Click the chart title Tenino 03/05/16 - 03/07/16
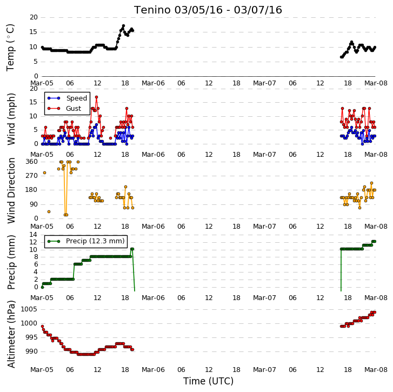tap(208, 10)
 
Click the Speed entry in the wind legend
tap(76, 98)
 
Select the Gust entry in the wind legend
tap(74, 109)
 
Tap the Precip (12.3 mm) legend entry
tap(95, 241)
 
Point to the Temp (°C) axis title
tap(10, 48)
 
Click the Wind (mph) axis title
tap(11, 119)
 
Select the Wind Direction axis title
tap(11, 190)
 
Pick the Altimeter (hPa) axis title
tap(11, 334)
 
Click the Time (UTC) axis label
tap(208, 381)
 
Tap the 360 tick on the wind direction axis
tap(31, 162)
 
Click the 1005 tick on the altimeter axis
tap(29, 309)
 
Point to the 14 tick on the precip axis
tap(34, 235)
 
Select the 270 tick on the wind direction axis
tap(31, 176)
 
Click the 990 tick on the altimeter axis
tap(31, 351)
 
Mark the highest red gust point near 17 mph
tap(97, 97)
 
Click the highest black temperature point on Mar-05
tap(123, 26)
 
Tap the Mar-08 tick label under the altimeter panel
tap(376, 370)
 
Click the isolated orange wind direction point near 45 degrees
tap(49, 212)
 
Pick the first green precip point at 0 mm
tap(42, 287)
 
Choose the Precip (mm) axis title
tap(11, 262)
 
